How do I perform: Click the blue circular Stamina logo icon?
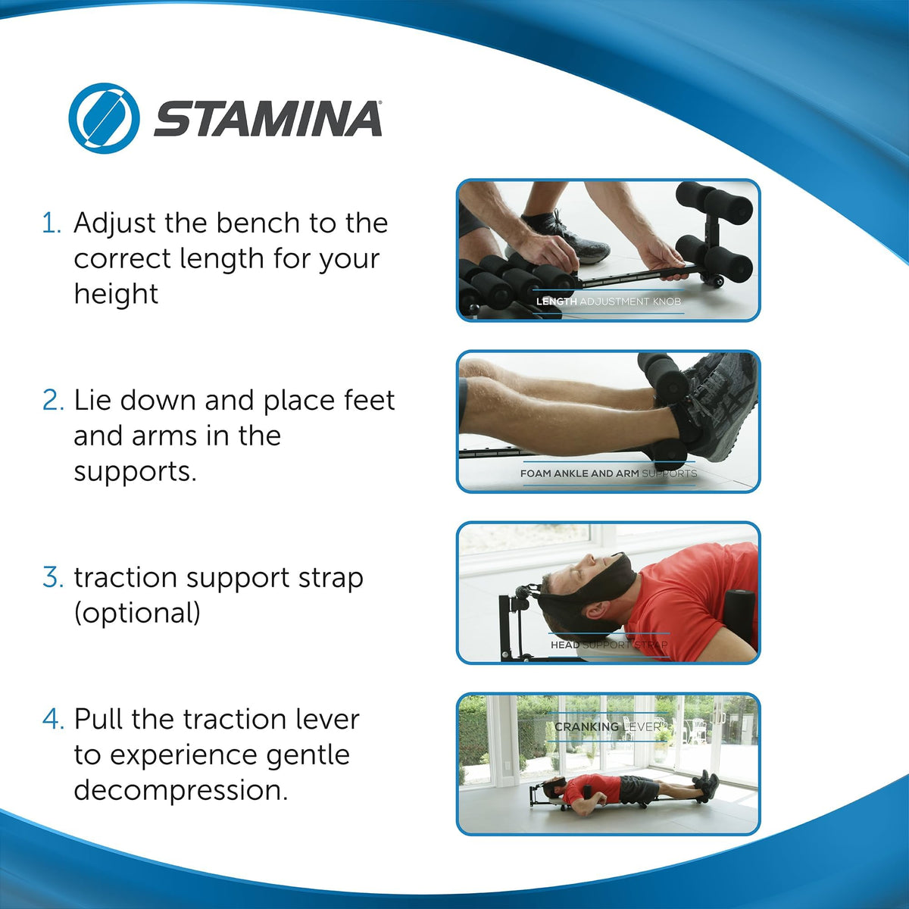click(x=104, y=118)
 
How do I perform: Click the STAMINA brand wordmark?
click(x=268, y=119)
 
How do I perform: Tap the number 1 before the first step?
click(x=51, y=223)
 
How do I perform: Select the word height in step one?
click(x=116, y=294)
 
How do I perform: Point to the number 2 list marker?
click(x=53, y=401)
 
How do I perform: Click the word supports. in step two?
click(x=135, y=471)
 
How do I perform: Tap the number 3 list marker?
click(x=53, y=578)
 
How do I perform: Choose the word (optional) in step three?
click(x=137, y=613)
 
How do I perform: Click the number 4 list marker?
click(x=53, y=720)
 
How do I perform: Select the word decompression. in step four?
click(x=181, y=790)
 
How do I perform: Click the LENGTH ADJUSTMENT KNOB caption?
click(x=608, y=301)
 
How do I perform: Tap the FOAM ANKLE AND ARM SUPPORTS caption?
click(x=608, y=473)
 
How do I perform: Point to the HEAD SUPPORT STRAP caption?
click(x=609, y=645)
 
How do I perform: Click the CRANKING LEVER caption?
click(x=608, y=726)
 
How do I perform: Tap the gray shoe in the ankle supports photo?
click(x=720, y=409)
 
